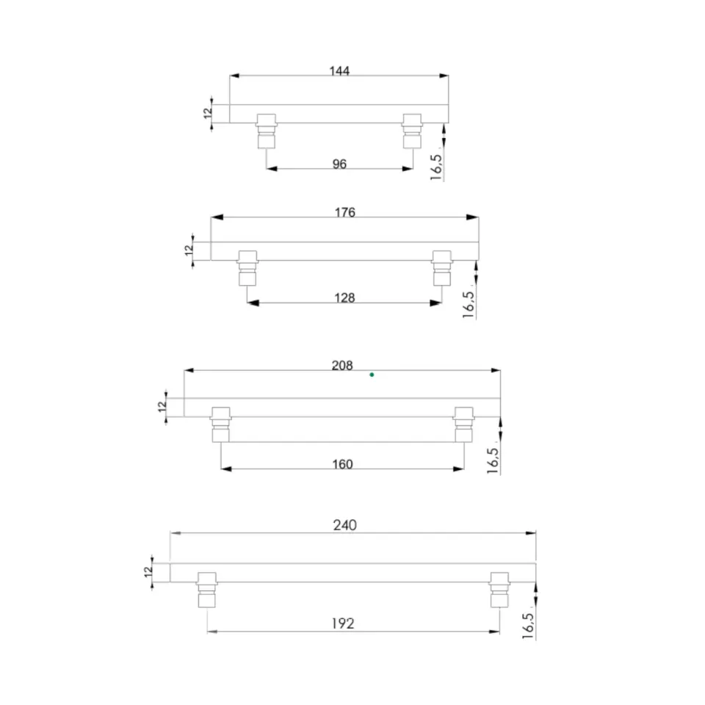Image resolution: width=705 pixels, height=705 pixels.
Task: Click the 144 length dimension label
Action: point(339,71)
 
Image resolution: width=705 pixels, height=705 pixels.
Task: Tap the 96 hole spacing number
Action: point(339,164)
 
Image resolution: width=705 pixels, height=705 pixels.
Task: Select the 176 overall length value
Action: point(345,212)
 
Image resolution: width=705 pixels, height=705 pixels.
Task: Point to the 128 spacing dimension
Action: point(344,297)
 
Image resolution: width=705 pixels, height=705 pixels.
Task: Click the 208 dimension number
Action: point(342,366)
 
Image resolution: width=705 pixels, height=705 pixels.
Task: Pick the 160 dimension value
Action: point(342,464)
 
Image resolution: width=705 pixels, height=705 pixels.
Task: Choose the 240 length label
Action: point(345,525)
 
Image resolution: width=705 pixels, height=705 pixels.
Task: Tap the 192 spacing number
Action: point(343,623)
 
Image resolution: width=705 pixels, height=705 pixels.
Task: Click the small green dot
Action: point(372,375)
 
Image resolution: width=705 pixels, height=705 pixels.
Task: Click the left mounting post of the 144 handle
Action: point(266,131)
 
